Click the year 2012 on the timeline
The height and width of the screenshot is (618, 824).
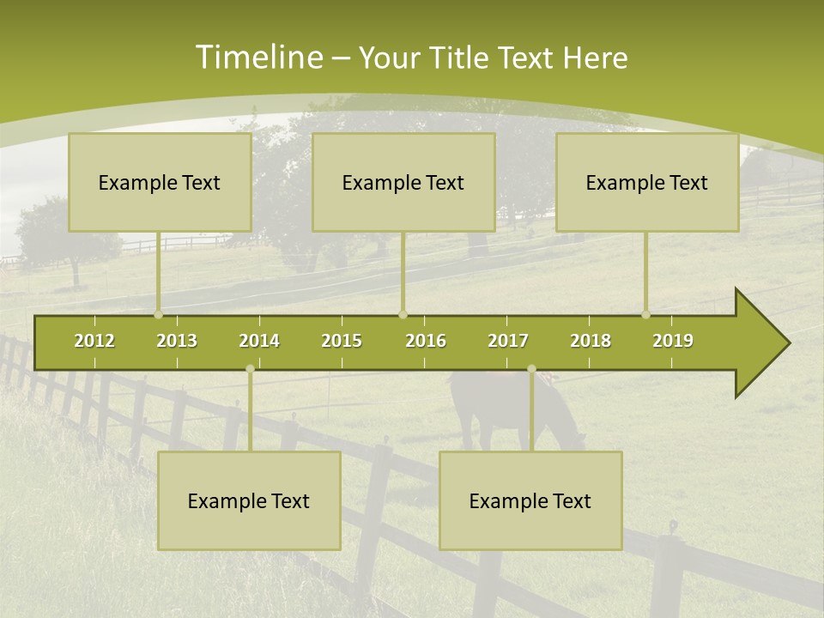pos(94,341)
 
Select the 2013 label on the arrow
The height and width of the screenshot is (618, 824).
pos(177,341)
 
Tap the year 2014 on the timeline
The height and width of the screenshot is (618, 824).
pos(259,341)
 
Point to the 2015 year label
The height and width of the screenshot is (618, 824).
pos(342,341)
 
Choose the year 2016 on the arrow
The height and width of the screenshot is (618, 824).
pos(426,341)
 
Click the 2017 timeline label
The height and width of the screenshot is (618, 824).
pos(508,341)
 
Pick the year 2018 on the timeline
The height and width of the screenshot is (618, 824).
pos(591,341)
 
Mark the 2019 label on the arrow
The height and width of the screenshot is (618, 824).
pos(673,341)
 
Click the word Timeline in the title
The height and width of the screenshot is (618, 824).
pos(257,58)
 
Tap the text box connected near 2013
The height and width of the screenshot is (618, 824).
pos(160,182)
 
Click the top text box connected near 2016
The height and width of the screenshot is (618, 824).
pos(403,182)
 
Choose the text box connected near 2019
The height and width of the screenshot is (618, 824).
pos(647,182)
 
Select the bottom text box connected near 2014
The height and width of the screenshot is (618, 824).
pos(249,500)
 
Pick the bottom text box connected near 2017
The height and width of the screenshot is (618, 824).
pos(530,500)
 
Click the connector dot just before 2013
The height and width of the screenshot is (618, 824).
pos(158,314)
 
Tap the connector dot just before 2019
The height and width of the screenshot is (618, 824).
pos(645,314)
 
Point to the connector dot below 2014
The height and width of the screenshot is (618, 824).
pos(250,368)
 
